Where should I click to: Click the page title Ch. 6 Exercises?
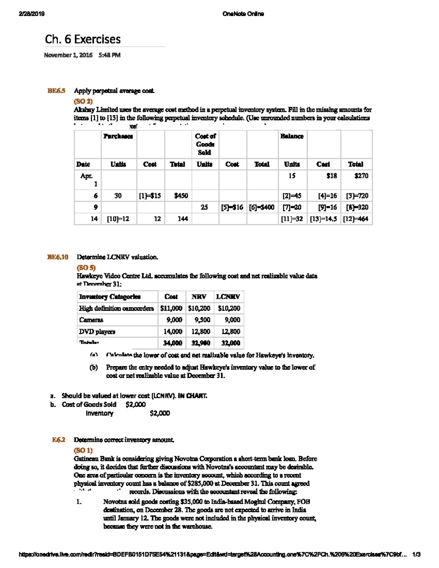83,39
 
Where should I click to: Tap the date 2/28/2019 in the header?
32,14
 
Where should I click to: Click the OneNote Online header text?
243,14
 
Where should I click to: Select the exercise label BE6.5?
56,91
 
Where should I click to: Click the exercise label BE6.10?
58,257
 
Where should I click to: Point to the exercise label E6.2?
59,440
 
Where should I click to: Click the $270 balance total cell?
361,176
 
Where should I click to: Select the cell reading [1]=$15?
150,196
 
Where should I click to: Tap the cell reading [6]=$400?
262,207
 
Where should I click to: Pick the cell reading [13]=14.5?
323,219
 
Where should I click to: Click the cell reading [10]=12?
118,219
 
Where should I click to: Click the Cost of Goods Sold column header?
205,144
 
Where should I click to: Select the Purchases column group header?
118,136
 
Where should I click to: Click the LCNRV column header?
228,297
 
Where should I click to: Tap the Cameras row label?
91,320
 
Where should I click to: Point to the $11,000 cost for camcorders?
171,308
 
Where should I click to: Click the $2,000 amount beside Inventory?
160,413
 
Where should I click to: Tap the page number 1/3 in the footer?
416,554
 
